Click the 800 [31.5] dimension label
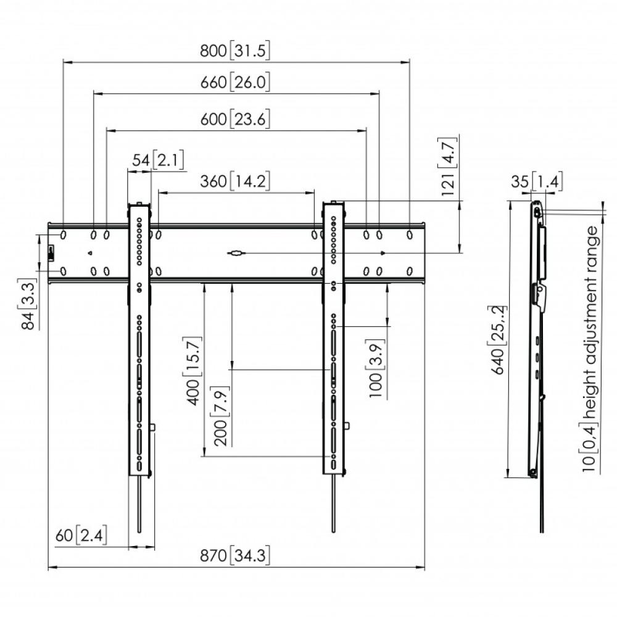235,51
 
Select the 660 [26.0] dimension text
235,83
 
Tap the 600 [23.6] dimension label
235,119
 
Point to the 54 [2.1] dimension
158,160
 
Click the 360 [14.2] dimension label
235,181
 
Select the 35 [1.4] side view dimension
537,182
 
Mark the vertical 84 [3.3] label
28,304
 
